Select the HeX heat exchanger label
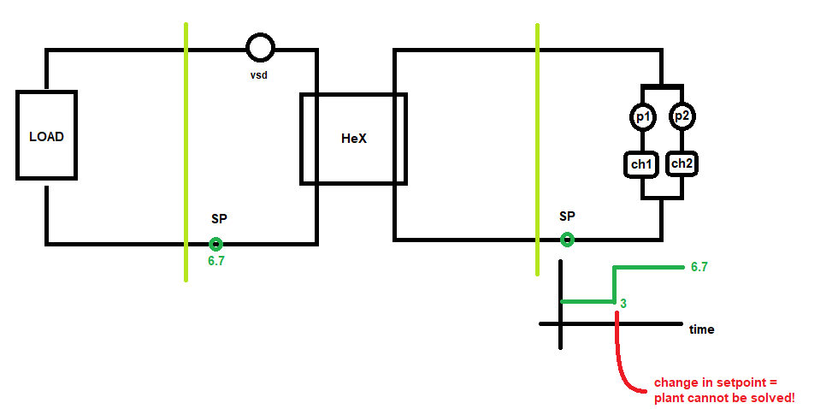click(354, 139)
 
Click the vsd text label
click(258, 75)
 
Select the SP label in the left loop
click(219, 219)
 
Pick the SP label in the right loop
click(567, 216)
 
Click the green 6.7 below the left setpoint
click(215, 261)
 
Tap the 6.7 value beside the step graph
click(699, 267)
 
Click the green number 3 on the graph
click(623, 304)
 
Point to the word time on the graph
click(702, 329)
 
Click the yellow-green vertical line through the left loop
click(186, 151)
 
